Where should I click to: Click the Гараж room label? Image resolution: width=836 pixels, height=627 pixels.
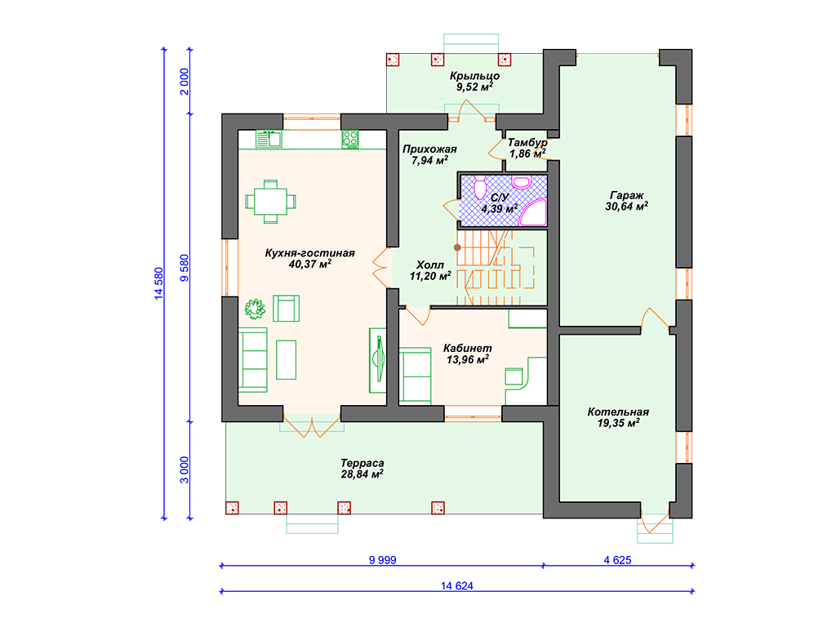point(627,195)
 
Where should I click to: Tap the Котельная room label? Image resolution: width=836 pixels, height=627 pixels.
point(619,411)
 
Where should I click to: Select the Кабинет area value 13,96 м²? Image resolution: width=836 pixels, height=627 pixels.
point(468,359)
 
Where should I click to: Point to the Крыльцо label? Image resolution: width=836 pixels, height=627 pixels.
point(474,76)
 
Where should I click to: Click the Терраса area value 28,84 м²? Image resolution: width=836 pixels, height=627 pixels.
point(362,474)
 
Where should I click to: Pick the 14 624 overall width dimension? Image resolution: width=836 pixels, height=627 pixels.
point(457,585)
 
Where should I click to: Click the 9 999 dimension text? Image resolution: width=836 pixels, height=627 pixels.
point(383,560)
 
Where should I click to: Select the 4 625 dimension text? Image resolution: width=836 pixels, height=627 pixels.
point(617,560)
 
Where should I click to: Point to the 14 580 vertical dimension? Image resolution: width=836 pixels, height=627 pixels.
point(159,283)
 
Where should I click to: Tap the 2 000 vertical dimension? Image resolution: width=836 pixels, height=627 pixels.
point(185,82)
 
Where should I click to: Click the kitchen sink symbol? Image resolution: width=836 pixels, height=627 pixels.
point(269,139)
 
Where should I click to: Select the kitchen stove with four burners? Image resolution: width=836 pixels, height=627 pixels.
point(350,139)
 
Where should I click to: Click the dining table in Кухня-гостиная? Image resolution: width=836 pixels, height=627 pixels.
point(271,202)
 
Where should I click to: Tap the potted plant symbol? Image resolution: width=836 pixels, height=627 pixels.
point(255,308)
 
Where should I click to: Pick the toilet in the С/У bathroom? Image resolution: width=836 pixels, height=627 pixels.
point(480,188)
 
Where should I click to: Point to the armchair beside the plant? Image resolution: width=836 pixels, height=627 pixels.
point(287,308)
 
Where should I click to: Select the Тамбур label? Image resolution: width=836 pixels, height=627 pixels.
point(527,142)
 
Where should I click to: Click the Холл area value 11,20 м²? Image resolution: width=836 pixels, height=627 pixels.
point(430,276)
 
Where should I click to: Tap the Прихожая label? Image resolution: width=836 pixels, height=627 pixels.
point(429,149)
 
